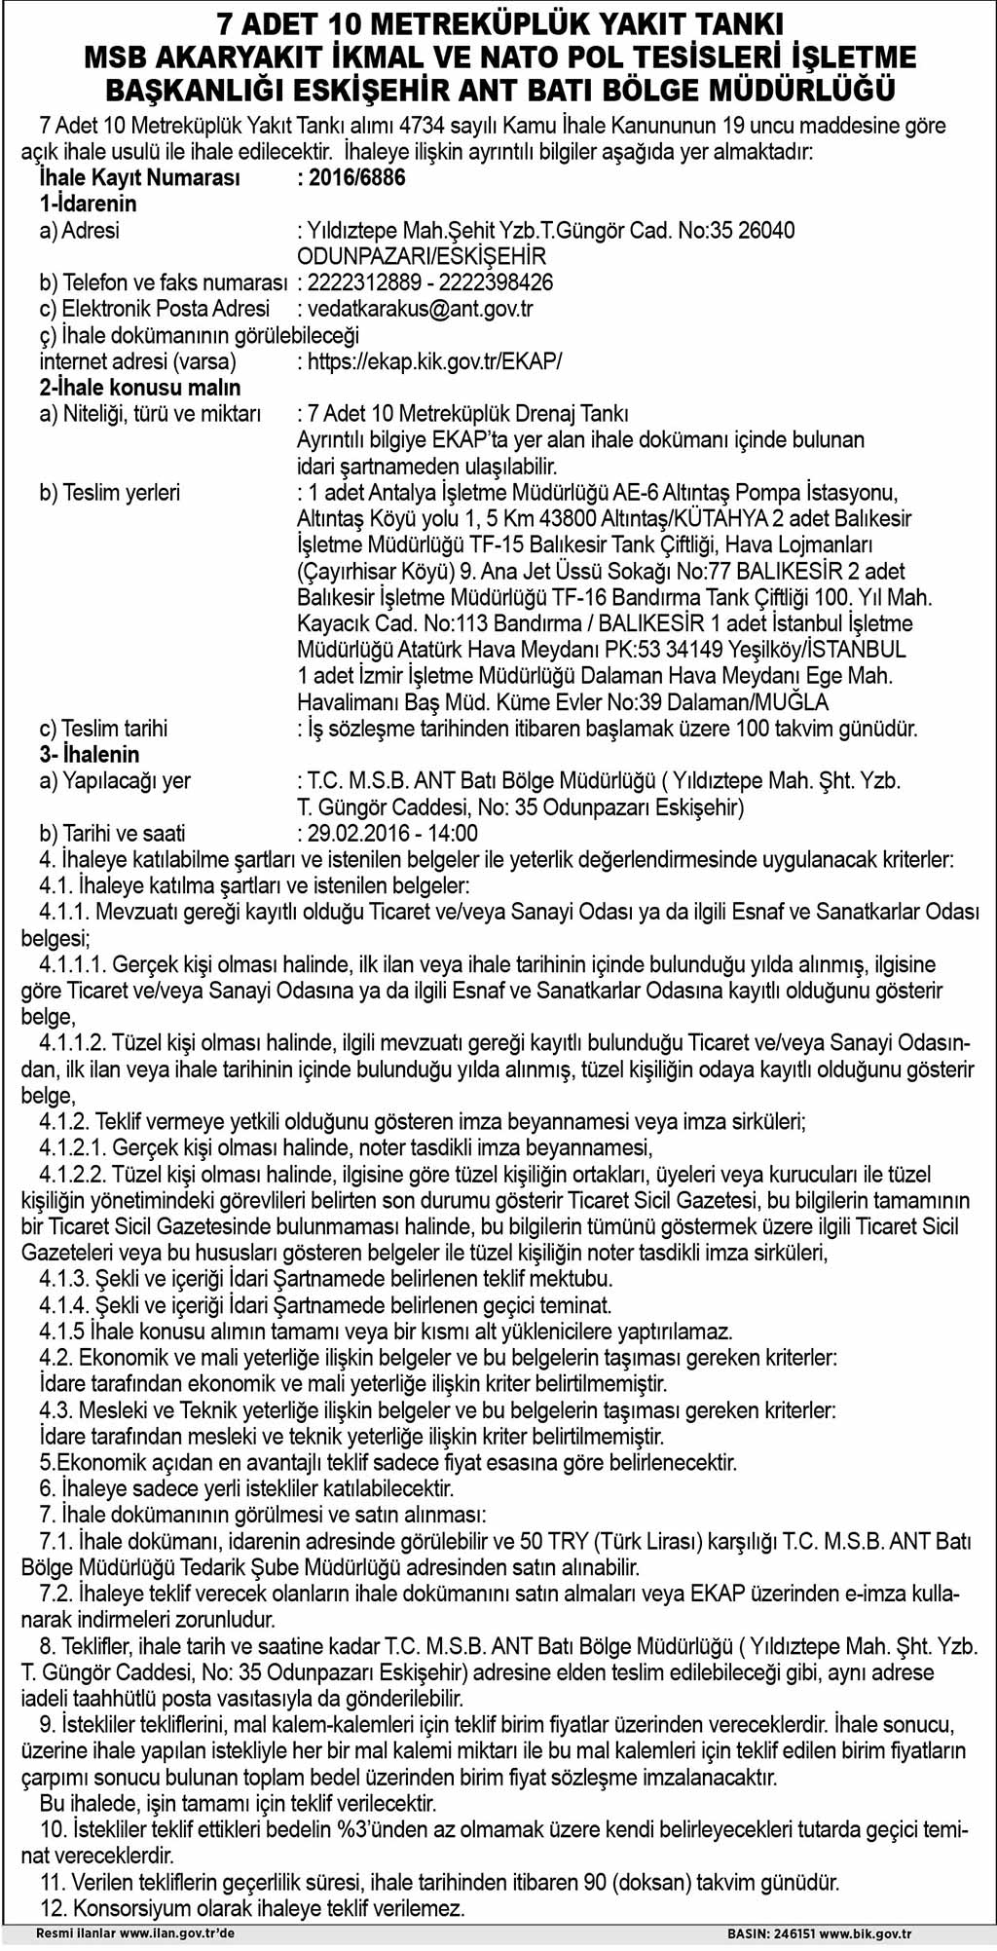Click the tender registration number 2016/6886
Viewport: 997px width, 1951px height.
[x=356, y=177]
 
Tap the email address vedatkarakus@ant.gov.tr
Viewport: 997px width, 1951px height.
[x=420, y=309]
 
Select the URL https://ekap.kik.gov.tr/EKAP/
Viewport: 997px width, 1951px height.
[x=434, y=361]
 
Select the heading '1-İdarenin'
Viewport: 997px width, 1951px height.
[x=88, y=204]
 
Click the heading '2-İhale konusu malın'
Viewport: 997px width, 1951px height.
[x=139, y=388]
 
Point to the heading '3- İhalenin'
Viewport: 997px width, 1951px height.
[x=90, y=754]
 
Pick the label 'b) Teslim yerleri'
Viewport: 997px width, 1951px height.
[x=109, y=493]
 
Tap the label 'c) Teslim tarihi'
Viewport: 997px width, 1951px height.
[x=103, y=729]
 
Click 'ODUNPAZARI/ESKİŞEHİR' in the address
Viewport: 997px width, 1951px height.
[x=422, y=257]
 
